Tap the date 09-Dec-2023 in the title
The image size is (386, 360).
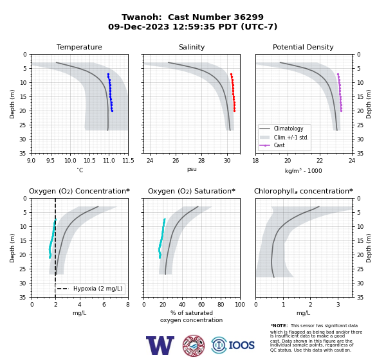(138, 26)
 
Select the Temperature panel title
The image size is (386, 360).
(79, 47)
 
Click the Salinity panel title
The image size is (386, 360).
(192, 47)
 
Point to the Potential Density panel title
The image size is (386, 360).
(303, 47)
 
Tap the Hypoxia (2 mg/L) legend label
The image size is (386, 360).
(98, 289)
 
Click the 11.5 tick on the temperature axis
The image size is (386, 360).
(128, 161)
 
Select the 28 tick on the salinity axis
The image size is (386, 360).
(201, 161)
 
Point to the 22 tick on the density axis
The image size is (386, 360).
(320, 161)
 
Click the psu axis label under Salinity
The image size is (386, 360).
(192, 169)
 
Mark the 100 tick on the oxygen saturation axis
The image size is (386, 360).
(240, 305)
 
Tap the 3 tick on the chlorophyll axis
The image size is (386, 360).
(338, 305)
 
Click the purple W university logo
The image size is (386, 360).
(160, 345)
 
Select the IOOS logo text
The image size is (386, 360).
(241, 345)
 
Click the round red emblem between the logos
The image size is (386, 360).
(194, 345)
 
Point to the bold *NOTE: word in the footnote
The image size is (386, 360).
(279, 325)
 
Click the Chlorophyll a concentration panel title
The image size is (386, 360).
(304, 191)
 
